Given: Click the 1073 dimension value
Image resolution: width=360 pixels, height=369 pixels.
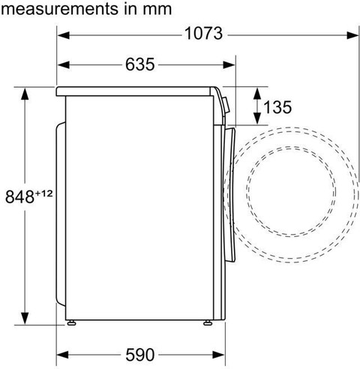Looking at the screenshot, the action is point(203,34).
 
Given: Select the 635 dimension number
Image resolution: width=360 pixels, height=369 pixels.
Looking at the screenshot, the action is point(140,64).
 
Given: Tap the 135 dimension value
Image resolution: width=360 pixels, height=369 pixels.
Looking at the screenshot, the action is point(277,107).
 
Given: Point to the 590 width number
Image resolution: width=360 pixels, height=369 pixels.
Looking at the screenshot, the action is point(140,355).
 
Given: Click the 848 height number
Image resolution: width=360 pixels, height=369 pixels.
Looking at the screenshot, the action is point(19,196).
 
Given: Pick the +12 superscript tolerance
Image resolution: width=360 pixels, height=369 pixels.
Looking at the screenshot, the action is point(44,193).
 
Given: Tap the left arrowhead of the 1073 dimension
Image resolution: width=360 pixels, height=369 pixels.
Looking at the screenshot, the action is point(63,35).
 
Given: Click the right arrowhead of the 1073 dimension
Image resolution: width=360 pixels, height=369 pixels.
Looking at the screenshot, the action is point(352,35).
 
